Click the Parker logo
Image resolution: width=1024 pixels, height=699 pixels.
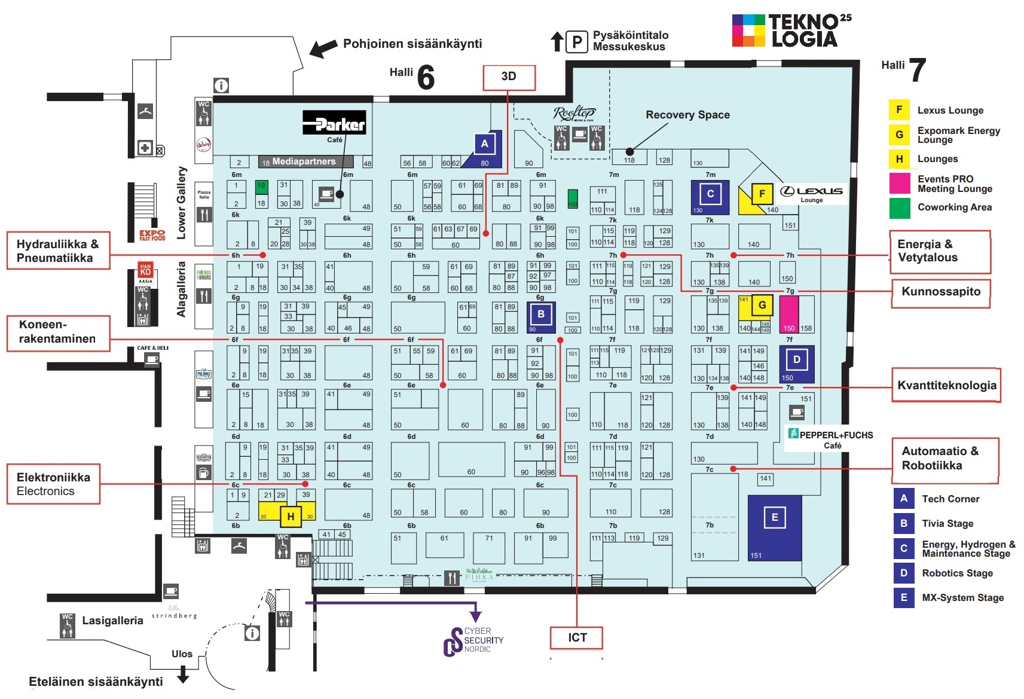click(334, 123)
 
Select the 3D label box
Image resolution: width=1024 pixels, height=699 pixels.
click(509, 77)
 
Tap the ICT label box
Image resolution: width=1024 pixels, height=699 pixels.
click(576, 637)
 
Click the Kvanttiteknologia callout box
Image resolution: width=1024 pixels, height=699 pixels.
click(946, 386)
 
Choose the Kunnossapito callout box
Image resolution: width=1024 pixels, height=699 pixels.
click(940, 292)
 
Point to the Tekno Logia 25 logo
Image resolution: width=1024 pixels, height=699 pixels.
click(791, 31)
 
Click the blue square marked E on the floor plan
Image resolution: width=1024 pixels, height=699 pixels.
click(774, 518)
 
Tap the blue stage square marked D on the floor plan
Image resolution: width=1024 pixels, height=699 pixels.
click(796, 360)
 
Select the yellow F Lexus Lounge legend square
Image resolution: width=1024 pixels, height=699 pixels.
click(898, 110)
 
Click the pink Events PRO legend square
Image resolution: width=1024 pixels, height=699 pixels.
click(898, 183)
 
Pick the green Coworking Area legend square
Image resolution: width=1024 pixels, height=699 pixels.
click(898, 207)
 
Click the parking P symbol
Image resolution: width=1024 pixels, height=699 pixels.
click(576, 42)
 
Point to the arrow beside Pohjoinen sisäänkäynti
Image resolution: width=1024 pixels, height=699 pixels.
click(323, 48)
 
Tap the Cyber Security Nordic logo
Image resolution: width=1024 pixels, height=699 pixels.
click(473, 641)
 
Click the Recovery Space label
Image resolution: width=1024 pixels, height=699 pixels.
click(687, 115)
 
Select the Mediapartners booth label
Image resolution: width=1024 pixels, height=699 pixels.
click(305, 161)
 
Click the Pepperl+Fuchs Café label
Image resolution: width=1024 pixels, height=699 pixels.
click(832, 439)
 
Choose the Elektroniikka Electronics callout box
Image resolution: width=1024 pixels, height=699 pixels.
click(53, 484)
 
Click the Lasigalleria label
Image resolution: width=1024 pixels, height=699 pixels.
click(112, 621)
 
